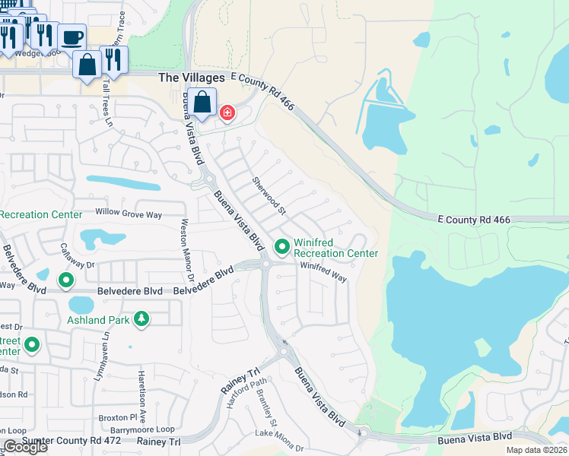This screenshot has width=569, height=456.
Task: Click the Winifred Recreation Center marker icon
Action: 282,246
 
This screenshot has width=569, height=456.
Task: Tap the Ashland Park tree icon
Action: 141,319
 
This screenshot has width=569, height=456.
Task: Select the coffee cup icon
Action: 72,36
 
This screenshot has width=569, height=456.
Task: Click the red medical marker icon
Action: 227,113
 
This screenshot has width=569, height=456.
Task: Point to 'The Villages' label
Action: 191,78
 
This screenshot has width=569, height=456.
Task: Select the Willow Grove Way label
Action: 129,214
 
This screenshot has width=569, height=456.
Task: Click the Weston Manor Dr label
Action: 187,247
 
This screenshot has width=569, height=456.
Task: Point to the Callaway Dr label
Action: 78,263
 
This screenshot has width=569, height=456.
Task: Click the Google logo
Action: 25,447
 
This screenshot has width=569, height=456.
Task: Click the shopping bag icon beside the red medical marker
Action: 203,103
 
